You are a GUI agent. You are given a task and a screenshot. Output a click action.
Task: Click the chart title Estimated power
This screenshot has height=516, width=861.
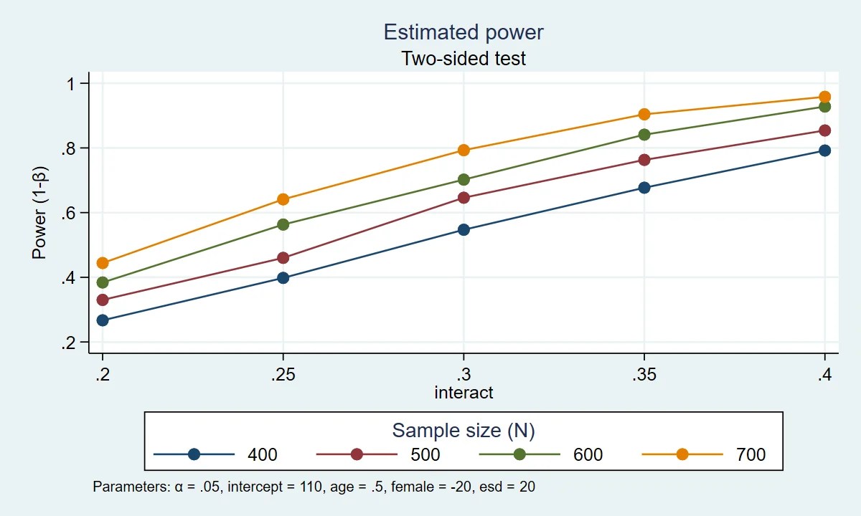[464, 32]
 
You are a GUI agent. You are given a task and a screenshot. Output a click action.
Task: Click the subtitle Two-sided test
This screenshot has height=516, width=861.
[464, 58]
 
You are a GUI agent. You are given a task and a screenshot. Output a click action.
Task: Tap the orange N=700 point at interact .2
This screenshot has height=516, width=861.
[103, 263]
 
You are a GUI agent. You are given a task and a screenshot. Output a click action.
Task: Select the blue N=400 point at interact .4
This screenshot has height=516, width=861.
[825, 150]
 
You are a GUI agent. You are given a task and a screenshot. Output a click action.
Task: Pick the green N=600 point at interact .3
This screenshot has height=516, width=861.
[464, 180]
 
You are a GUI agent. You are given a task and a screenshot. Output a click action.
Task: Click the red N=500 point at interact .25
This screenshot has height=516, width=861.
[283, 258]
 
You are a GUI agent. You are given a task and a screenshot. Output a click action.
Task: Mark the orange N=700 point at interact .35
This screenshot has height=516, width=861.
[644, 115]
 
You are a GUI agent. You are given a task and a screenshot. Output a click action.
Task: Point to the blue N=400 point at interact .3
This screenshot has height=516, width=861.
[464, 230]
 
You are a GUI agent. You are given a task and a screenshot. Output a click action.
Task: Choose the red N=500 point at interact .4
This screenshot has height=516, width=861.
[825, 130]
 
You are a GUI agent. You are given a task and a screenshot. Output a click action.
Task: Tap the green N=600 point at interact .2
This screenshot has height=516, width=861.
[103, 282]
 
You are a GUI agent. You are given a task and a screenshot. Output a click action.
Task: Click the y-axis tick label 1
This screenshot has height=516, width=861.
[72, 84]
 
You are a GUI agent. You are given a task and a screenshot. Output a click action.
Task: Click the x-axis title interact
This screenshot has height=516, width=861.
[464, 393]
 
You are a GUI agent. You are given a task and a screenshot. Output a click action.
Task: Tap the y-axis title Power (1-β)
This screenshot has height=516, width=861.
[39, 213]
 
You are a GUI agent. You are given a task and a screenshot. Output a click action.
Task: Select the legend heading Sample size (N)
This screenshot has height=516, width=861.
[464, 430]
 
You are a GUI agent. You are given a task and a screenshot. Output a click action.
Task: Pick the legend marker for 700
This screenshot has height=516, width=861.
[682, 454]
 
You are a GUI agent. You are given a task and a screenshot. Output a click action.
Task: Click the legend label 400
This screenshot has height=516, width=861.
[263, 454]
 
